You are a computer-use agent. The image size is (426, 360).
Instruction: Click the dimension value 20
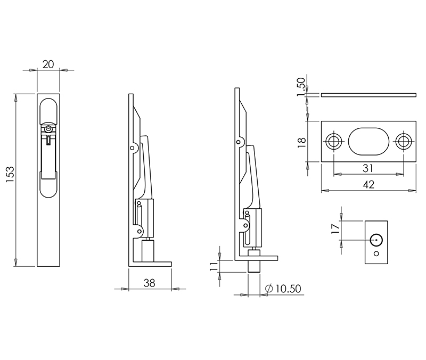(48, 64)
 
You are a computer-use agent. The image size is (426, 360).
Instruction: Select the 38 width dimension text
(150, 284)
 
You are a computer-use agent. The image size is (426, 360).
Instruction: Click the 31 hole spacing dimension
(368, 168)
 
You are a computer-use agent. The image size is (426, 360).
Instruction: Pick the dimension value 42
(368, 184)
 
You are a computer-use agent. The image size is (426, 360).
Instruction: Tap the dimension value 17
(335, 229)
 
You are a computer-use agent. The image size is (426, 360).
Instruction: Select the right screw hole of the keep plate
(403, 142)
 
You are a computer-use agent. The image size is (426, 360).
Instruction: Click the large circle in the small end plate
(376, 240)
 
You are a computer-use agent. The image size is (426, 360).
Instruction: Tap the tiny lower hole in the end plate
(376, 253)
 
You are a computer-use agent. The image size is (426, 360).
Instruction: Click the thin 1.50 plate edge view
(368, 95)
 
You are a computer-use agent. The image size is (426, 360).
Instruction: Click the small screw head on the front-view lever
(48, 129)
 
